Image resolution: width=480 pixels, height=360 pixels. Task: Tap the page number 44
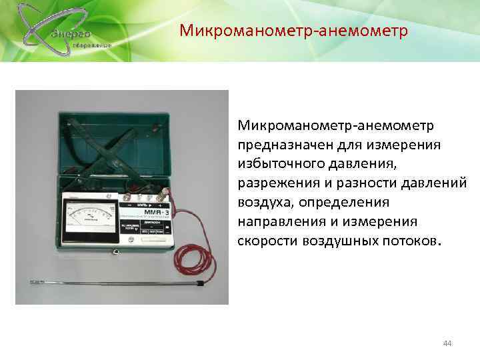[447, 343]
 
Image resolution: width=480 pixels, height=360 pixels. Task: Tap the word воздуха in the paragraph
[261, 202]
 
